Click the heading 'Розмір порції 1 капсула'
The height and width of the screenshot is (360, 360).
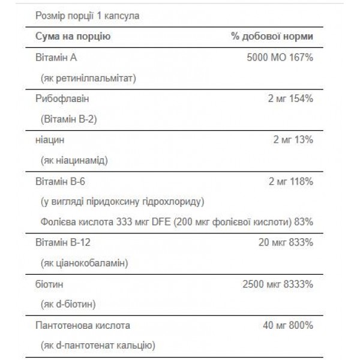tap(88, 16)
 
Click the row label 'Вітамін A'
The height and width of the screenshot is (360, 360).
tap(56, 58)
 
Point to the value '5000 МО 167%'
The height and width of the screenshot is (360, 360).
tap(280, 58)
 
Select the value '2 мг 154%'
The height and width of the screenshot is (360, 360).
tap(290, 98)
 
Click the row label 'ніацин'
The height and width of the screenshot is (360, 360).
tap(50, 139)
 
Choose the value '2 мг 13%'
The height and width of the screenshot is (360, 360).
tap(293, 139)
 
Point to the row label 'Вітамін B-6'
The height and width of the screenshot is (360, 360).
tap(60, 180)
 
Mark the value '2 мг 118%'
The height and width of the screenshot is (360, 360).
tap(290, 180)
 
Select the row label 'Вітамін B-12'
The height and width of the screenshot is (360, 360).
tap(62, 242)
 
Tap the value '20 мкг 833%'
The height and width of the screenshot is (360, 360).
tap(285, 242)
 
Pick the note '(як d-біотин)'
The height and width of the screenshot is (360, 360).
tap(69, 304)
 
